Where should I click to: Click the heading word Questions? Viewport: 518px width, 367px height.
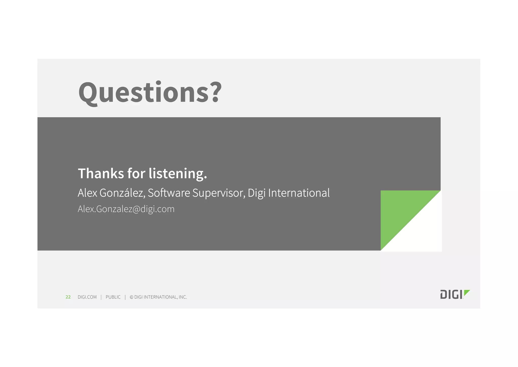tap(150, 92)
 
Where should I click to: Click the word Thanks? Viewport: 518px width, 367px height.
tap(101, 174)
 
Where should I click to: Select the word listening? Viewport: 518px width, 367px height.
tap(178, 174)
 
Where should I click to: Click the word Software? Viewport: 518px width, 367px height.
tap(169, 193)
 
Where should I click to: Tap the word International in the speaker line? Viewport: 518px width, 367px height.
tap(299, 193)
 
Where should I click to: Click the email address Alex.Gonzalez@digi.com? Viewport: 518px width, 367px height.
tap(126, 209)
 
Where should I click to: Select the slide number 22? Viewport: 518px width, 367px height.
tap(68, 297)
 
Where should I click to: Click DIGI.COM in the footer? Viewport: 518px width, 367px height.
tap(87, 297)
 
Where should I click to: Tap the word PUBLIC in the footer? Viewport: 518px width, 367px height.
tap(113, 297)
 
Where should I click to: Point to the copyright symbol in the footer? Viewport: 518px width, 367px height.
tap(132, 297)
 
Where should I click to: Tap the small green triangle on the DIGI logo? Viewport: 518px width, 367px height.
tap(467, 292)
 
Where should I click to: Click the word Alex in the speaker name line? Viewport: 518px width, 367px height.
tap(87, 193)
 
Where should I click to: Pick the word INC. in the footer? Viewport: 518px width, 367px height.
tap(183, 297)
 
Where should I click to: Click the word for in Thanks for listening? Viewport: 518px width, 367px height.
tap(136, 174)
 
